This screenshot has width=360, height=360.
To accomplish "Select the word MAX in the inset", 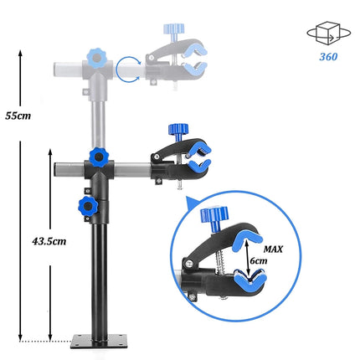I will click(272, 249).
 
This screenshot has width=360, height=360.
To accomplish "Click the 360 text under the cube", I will click(328, 58).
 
